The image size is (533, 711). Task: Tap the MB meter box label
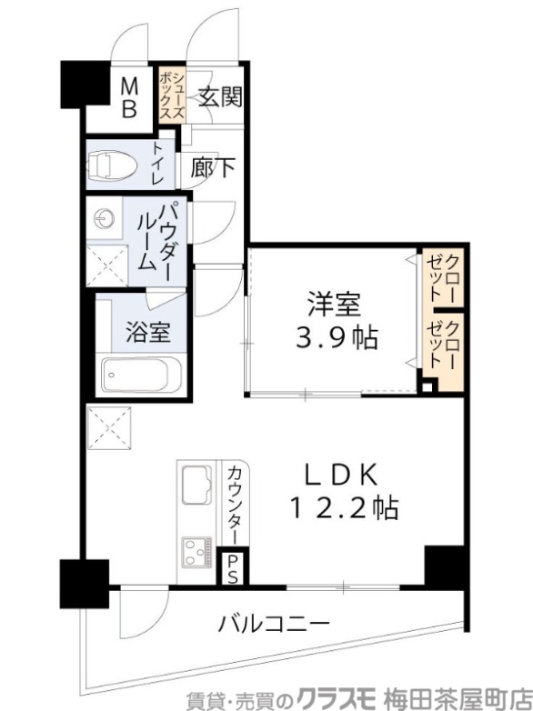tap(130, 98)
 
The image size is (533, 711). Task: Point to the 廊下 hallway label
tap(214, 166)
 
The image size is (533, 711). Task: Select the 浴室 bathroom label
tap(147, 333)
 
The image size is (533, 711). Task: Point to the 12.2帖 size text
tap(344, 506)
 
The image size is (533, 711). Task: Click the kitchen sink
tap(196, 484)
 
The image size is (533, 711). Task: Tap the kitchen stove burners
tap(197, 552)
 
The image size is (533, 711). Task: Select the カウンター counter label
tap(234, 504)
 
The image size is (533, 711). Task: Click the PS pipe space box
tap(234, 567)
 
